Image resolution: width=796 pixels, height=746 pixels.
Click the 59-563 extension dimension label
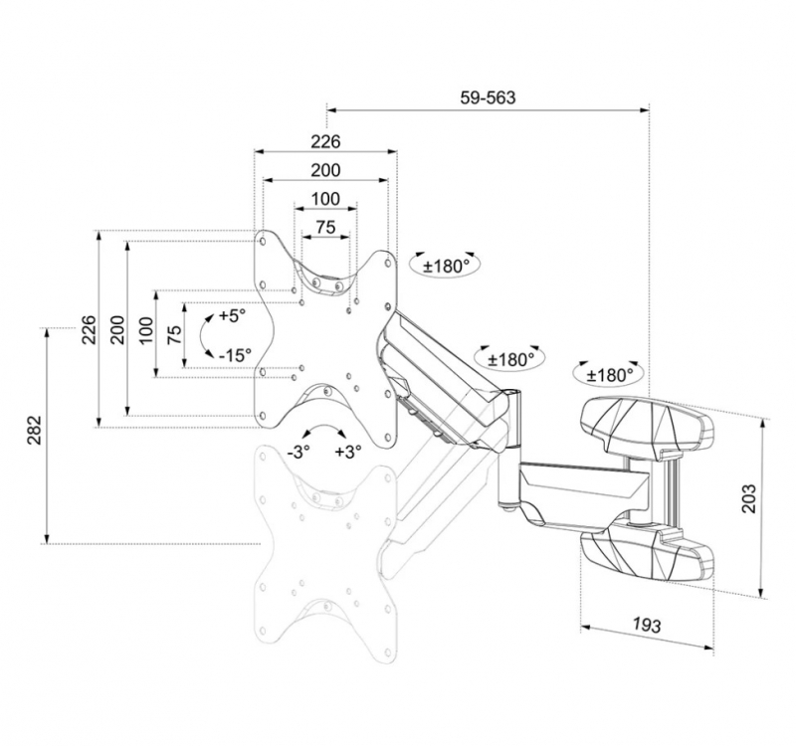[x=488, y=97]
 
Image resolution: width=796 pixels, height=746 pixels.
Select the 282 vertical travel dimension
[x=35, y=431]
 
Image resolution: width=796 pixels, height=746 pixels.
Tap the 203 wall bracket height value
[x=749, y=499]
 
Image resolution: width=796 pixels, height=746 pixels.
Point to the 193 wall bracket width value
[x=647, y=625]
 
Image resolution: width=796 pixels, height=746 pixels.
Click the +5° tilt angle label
[x=232, y=315]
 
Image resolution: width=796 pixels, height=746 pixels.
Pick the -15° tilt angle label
[x=235, y=355]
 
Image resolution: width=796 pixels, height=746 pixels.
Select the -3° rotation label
[x=298, y=452]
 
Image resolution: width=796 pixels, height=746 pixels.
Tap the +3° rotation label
[x=348, y=452]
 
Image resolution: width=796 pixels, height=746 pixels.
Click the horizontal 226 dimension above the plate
[x=325, y=141]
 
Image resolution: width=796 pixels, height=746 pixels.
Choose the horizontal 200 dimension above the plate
[x=325, y=169]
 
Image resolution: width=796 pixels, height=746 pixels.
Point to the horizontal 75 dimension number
[x=325, y=227]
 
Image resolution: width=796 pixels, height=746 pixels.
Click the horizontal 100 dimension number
[x=325, y=198]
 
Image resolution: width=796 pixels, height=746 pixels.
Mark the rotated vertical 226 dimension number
[x=90, y=329]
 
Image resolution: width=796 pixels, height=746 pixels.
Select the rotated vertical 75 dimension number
[x=174, y=334]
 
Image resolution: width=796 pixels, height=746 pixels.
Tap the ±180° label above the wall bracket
[x=610, y=375]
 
